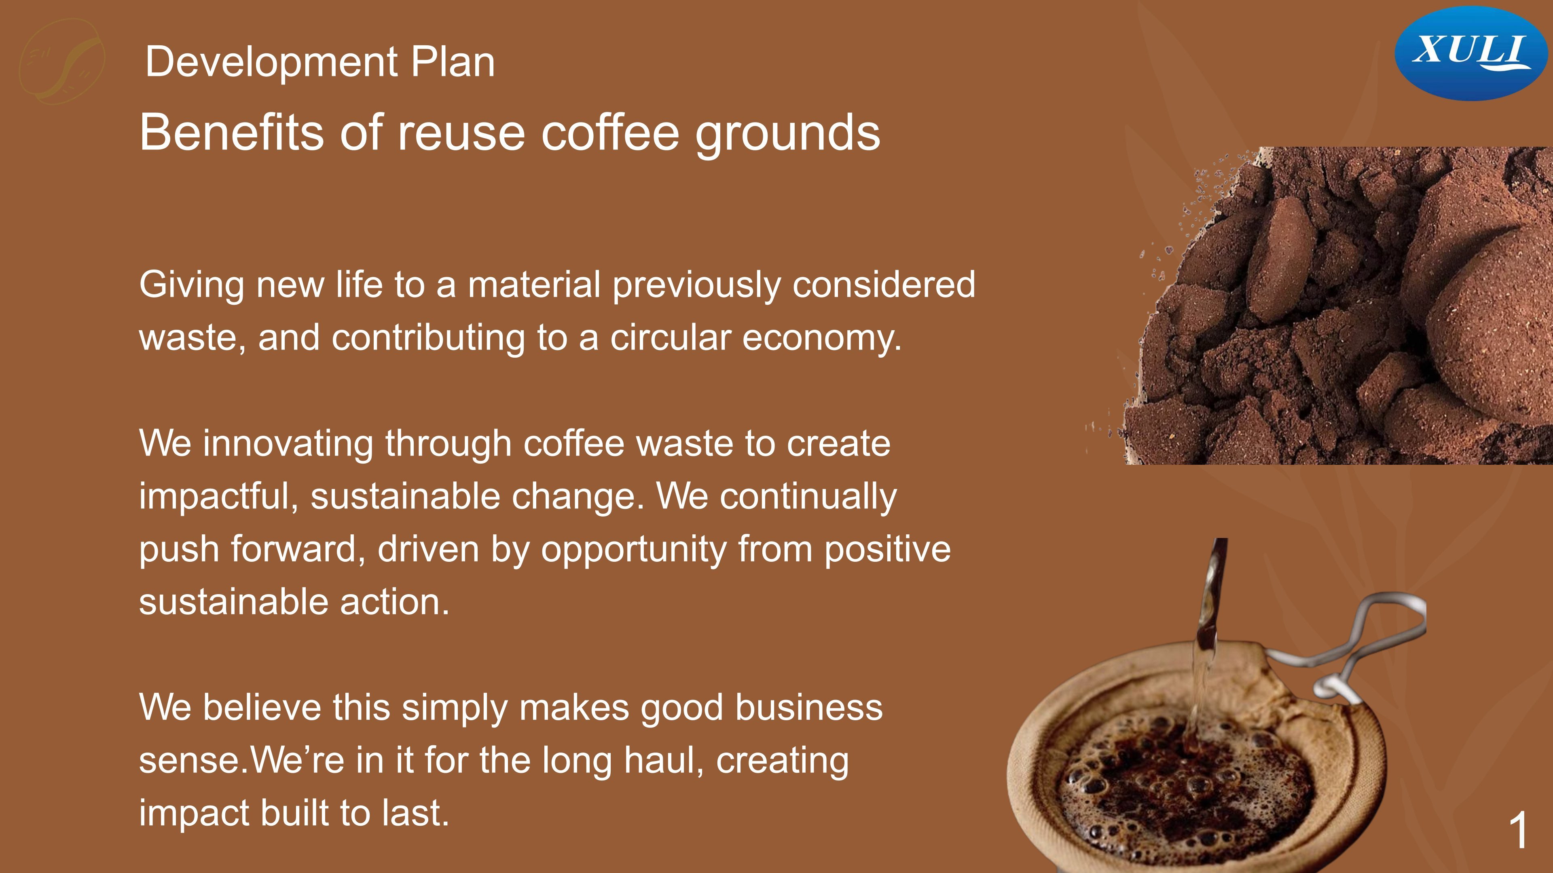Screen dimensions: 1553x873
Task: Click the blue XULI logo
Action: pos(1470,53)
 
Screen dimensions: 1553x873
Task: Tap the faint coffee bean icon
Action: pos(62,60)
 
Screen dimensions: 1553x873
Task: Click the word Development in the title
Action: pos(272,63)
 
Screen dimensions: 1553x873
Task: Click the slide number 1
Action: pos(1519,830)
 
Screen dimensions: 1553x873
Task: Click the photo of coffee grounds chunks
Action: pos(1338,306)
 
